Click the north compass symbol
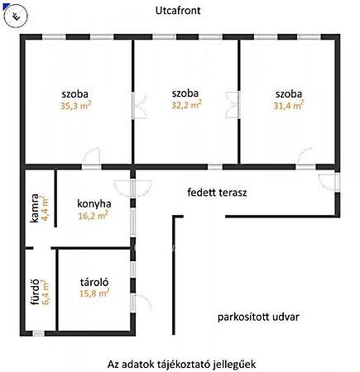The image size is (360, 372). click(x=16, y=17)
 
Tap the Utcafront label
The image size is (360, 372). click(x=178, y=11)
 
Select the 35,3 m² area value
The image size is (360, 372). click(x=76, y=106)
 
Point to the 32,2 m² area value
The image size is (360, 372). click(x=186, y=105)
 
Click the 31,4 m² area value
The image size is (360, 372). click(x=289, y=105)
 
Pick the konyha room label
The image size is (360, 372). click(x=94, y=204)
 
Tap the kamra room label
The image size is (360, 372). click(x=35, y=208)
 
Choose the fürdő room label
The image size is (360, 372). click(x=36, y=292)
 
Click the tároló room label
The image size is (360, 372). click(x=94, y=282)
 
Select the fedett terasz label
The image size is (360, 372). click(x=217, y=193)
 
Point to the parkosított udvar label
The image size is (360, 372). click(x=258, y=317)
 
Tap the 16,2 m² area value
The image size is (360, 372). click(x=93, y=216)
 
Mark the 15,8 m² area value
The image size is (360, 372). click(x=94, y=293)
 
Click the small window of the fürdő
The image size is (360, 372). click(x=38, y=333)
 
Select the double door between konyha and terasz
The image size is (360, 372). click(x=133, y=188)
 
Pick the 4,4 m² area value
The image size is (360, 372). click(x=45, y=208)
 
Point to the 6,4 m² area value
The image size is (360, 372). click(x=46, y=292)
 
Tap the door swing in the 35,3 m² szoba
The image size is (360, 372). click(x=91, y=156)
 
